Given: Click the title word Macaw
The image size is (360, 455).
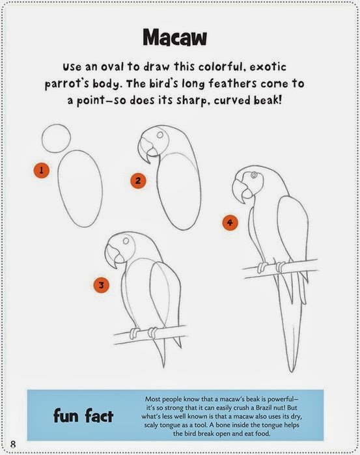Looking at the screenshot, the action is (x=174, y=37).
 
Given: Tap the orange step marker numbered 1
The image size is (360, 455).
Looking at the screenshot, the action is (x=41, y=170).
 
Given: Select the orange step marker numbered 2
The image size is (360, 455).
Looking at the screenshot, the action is (x=138, y=181).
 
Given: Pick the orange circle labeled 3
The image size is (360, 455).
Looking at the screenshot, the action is (x=102, y=285).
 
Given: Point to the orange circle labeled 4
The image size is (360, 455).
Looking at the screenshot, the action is (x=230, y=223).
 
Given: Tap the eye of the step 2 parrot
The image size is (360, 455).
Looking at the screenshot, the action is (x=160, y=135).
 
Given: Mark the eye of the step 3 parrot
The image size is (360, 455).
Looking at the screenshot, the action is (x=126, y=241).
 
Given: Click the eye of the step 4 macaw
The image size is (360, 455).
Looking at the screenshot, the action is (x=254, y=174).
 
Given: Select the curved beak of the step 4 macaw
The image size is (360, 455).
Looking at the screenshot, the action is (x=242, y=191).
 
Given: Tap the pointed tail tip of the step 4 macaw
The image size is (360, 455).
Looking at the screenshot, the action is (x=291, y=372).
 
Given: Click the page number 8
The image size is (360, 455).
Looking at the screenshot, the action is (x=13, y=444).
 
